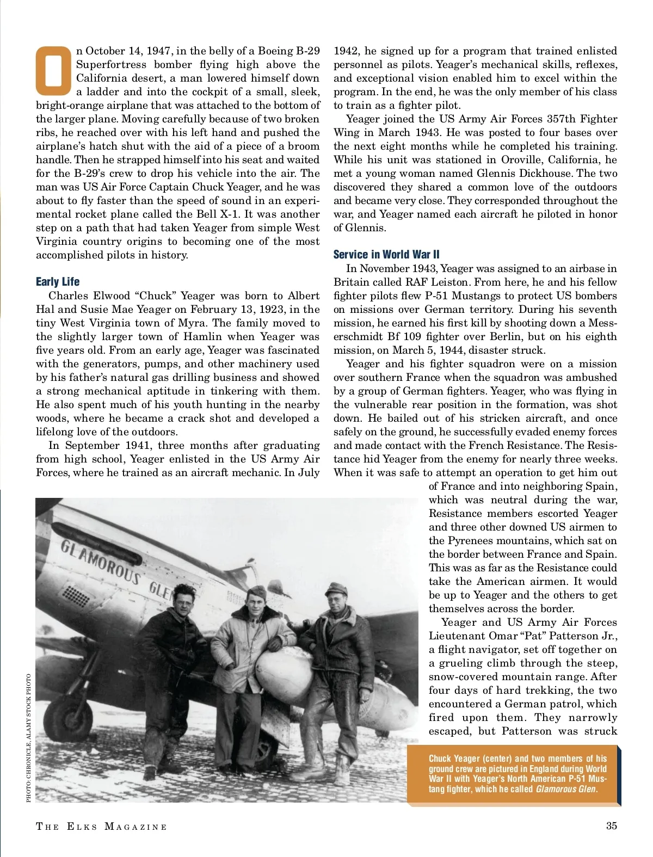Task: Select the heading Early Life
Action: [58, 281]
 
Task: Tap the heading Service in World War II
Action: [386, 254]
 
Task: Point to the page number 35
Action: [612, 825]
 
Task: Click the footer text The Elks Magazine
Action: [101, 827]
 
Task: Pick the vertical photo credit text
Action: [28, 737]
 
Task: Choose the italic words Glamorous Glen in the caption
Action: [566, 789]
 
